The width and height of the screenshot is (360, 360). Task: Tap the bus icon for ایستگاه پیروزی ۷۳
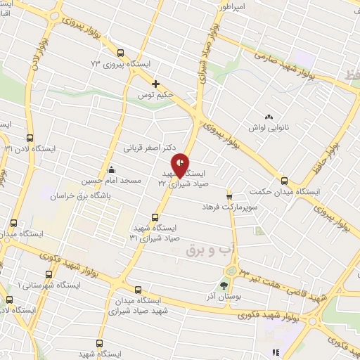(120, 53)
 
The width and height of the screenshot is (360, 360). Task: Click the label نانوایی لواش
(268, 128)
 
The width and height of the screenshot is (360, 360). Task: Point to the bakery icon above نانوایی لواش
(268, 117)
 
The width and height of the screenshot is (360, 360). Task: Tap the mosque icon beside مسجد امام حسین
(111, 169)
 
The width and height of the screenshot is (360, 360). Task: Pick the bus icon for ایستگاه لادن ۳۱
(30, 139)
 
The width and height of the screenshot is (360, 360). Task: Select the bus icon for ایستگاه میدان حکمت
(284, 180)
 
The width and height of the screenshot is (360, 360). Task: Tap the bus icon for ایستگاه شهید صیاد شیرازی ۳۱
(155, 217)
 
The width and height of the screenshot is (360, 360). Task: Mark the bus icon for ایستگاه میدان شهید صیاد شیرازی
(137, 289)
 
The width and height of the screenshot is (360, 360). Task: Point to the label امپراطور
(231, 6)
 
